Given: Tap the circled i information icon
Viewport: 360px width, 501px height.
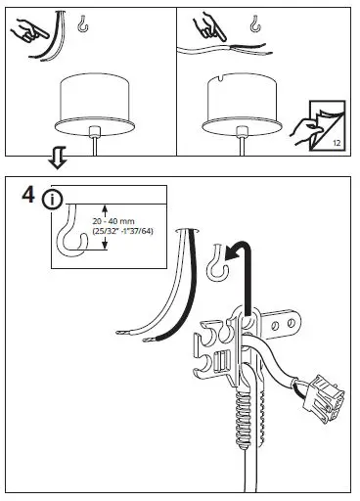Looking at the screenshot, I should tap(51, 198).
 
